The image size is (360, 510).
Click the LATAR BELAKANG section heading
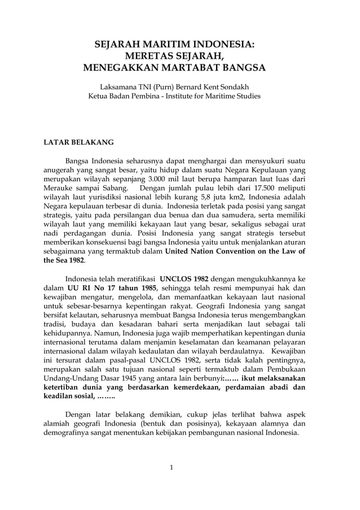(x=79, y=142)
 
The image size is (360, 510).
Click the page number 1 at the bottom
(x=172, y=467)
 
